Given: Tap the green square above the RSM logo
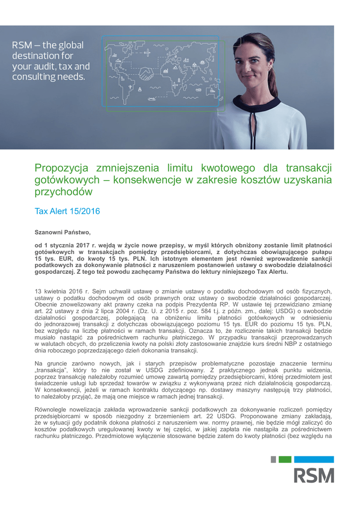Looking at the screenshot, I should (x=285, y=459).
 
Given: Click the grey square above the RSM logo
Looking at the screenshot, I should (x=273, y=459).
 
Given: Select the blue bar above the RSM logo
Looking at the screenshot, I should (x=313, y=459).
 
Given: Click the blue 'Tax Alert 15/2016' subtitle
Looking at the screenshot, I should (x=67, y=211).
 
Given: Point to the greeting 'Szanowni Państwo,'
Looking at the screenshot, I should (x=63, y=232).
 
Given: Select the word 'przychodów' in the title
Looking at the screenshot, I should (x=64, y=191).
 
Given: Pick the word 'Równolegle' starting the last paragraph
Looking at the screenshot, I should (x=52, y=409).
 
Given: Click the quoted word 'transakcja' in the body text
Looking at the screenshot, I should (x=53, y=371).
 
